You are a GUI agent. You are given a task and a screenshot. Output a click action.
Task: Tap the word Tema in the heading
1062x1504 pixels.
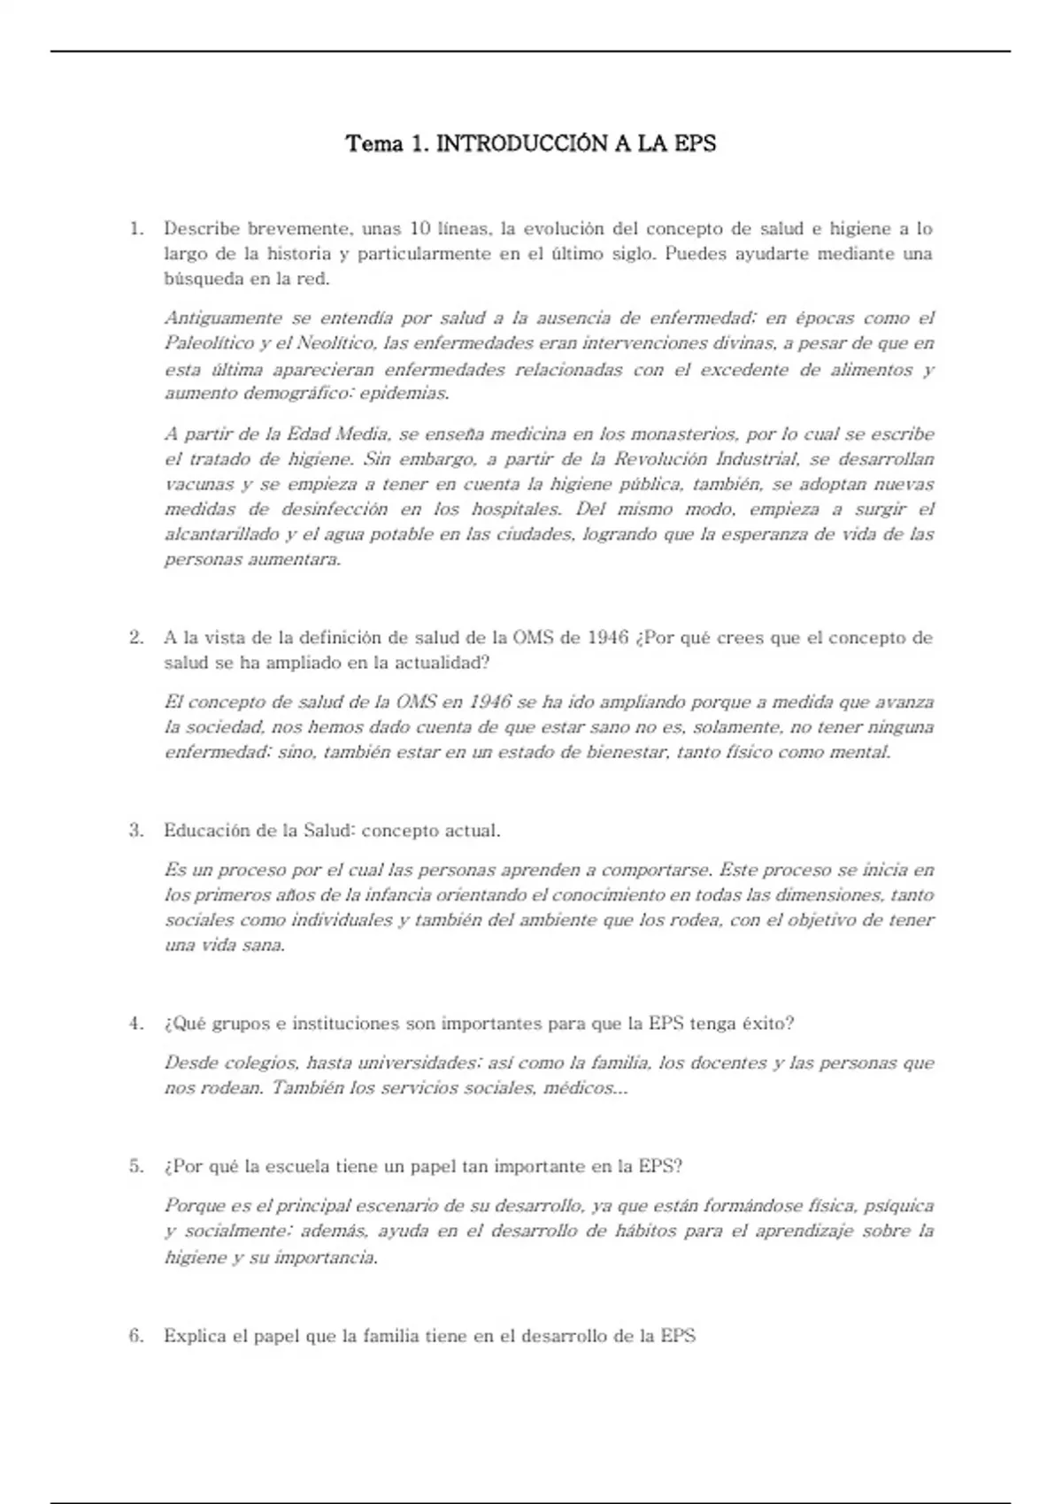tap(373, 143)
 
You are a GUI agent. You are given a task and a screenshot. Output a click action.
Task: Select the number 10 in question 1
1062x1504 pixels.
tap(419, 228)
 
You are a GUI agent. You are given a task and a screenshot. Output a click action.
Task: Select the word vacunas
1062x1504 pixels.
tap(199, 484)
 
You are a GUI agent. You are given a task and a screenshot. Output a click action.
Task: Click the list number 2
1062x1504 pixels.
tap(136, 637)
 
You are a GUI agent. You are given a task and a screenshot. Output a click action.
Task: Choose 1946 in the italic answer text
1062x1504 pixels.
tap(490, 702)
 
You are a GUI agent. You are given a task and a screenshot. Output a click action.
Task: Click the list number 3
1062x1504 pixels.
tap(136, 830)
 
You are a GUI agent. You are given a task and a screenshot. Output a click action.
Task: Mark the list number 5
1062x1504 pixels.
tap(136, 1166)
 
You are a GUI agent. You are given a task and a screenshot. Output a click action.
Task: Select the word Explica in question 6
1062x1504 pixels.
tap(195, 1336)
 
